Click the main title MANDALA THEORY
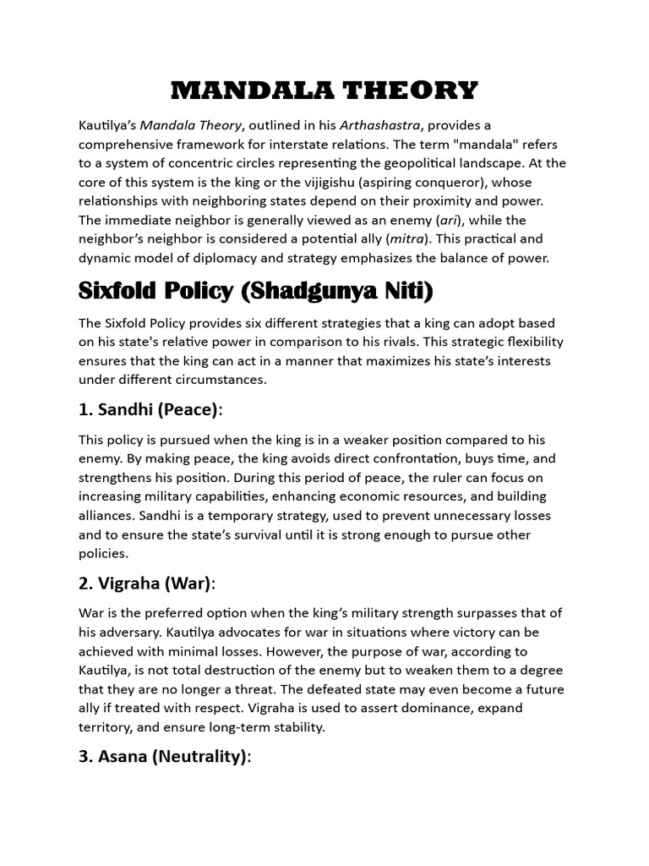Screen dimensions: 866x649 (324, 90)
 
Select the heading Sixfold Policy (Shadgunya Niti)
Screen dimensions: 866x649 (255, 293)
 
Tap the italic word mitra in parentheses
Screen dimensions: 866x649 (406, 238)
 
